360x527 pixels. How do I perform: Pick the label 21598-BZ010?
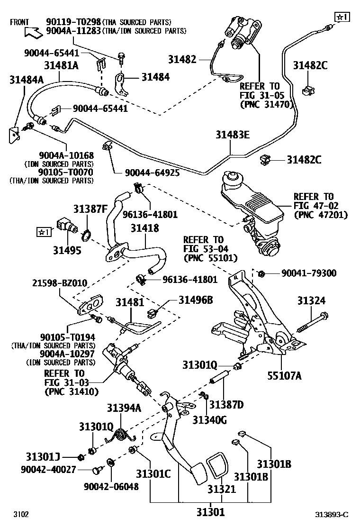[60, 283]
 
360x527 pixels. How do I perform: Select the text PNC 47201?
[321, 215]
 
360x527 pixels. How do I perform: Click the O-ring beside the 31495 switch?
[87, 234]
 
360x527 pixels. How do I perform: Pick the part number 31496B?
[196, 300]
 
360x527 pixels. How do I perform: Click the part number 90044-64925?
[152, 173]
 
